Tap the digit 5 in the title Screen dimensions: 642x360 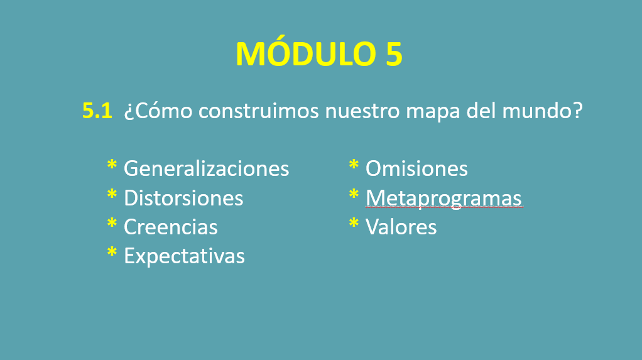394,54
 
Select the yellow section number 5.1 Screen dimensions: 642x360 97,111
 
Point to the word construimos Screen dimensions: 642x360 259,111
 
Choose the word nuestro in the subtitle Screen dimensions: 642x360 362,111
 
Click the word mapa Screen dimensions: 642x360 433,113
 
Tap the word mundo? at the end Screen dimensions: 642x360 543,111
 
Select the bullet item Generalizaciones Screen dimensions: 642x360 206,168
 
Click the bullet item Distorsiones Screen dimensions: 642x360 183,198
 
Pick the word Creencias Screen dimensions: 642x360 170,227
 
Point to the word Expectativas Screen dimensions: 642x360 184,256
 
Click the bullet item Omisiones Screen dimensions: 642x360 416,168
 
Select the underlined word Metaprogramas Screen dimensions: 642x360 443,199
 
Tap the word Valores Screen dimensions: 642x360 401,227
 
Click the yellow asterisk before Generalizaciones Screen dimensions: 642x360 112,165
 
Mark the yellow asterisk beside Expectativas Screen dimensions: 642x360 112,253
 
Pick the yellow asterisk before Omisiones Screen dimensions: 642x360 354,165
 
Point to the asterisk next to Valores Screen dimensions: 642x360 354,224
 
